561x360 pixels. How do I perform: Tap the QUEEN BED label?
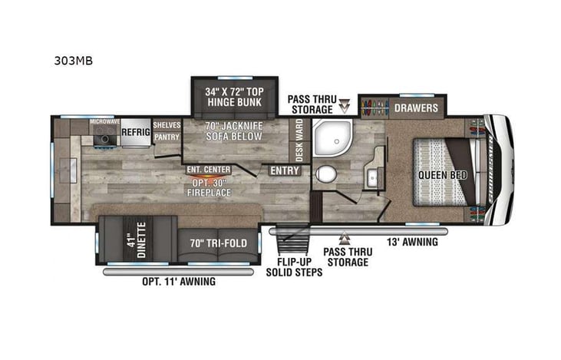pyautogui.click(x=438, y=173)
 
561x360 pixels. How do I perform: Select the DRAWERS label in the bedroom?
pyautogui.click(x=417, y=107)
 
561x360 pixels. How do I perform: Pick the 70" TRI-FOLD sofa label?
pyautogui.click(x=219, y=243)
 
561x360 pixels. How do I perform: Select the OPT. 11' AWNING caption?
pyautogui.click(x=180, y=282)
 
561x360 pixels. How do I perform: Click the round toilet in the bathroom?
pyautogui.click(x=326, y=173)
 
